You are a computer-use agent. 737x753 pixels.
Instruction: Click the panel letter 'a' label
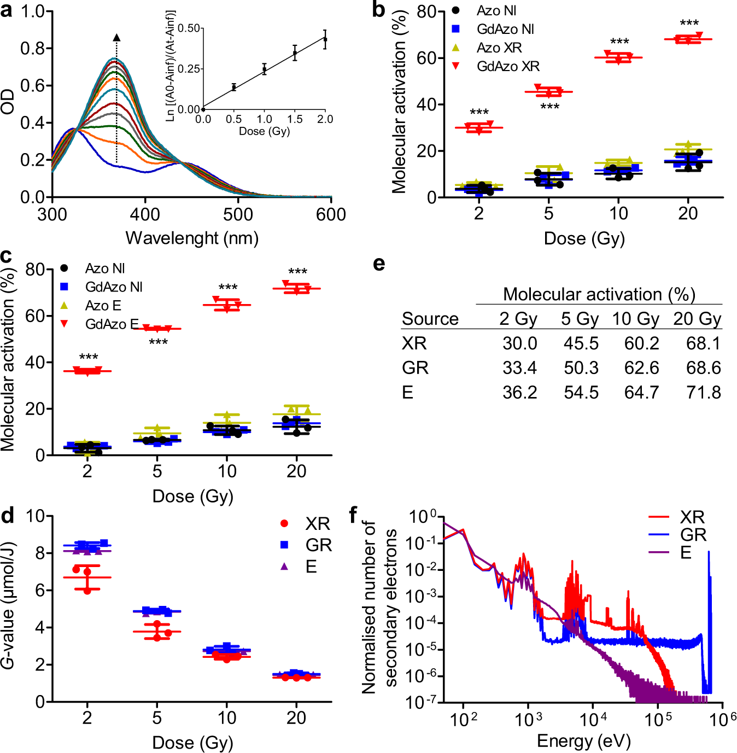click(7, 10)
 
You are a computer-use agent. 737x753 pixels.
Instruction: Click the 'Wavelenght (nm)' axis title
click(192, 238)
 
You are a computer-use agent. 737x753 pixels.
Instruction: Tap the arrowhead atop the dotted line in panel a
click(116, 38)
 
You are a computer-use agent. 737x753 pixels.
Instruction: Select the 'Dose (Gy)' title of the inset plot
click(264, 131)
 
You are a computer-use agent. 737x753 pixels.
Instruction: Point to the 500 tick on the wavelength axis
click(238, 214)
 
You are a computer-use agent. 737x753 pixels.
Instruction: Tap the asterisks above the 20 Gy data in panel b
click(689, 24)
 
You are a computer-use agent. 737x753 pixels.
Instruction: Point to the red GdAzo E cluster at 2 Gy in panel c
click(87, 371)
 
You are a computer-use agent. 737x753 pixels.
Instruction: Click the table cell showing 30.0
click(519, 343)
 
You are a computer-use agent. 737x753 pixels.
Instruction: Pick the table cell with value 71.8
click(703, 393)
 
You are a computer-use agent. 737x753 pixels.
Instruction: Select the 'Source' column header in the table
click(430, 319)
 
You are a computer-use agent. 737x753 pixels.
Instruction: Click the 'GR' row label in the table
click(415, 368)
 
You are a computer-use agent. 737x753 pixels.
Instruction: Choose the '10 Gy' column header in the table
click(635, 319)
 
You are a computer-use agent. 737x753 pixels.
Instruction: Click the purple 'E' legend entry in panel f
click(686, 552)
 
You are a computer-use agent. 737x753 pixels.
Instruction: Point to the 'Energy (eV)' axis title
click(583, 741)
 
